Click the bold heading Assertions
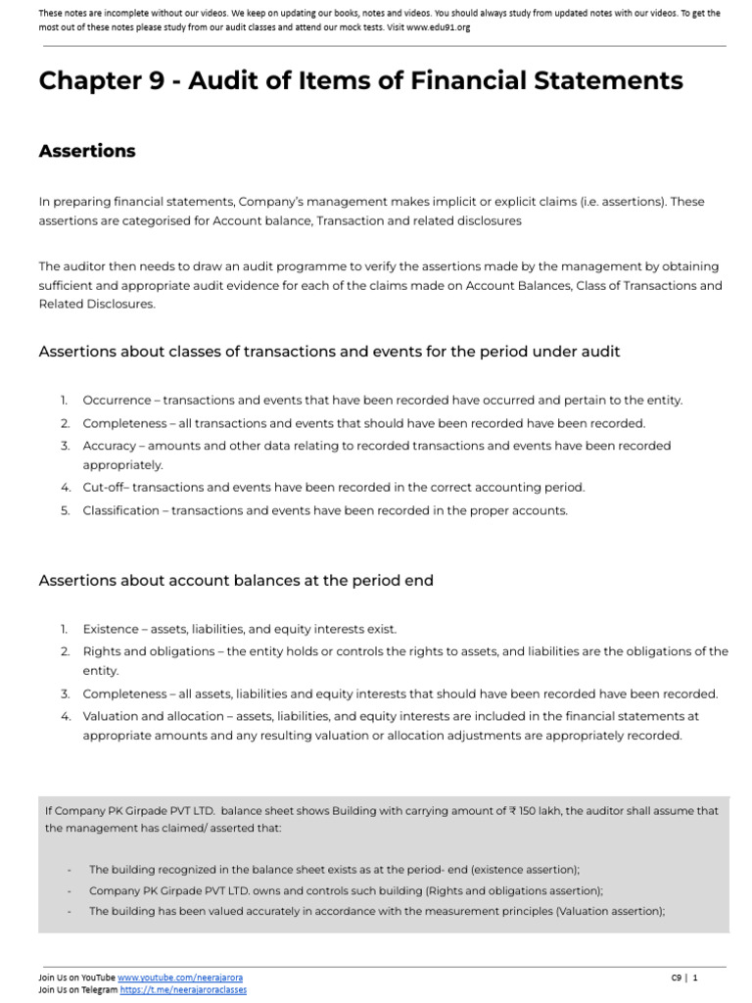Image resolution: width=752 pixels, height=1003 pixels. (87, 151)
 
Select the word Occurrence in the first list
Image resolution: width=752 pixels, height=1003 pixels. (117, 401)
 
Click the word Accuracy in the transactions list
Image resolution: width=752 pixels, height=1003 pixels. (110, 446)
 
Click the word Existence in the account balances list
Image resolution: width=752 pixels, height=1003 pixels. (110, 629)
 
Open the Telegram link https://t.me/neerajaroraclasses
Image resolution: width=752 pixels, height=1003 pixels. (183, 990)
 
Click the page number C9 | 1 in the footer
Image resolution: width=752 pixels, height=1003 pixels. (684, 978)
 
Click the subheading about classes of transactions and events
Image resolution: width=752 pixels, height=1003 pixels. (329, 352)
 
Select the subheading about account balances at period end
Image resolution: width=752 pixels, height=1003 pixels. (235, 581)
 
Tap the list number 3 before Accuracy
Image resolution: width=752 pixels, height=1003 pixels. (64, 446)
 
